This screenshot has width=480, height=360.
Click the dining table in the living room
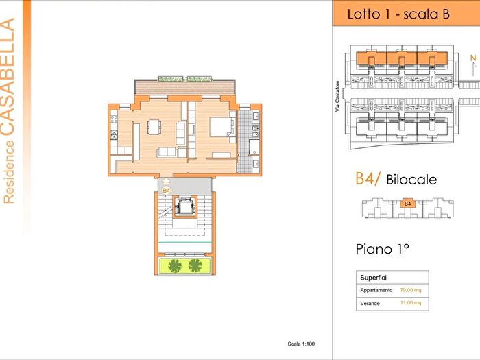pyautogui.click(x=154, y=127)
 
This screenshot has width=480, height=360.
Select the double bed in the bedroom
pyautogui.click(x=220, y=127)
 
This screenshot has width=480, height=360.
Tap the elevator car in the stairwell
pyautogui.click(x=184, y=207)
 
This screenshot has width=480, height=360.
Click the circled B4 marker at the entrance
pyautogui.click(x=166, y=191)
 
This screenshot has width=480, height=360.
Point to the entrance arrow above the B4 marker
pyautogui.click(x=166, y=181)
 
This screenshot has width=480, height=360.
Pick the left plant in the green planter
pyautogui.click(x=174, y=266)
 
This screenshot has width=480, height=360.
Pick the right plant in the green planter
pyautogui.click(x=195, y=265)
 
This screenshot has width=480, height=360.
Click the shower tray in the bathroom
pyautogui.click(x=254, y=147)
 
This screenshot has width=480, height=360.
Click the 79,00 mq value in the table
pyautogui.click(x=411, y=290)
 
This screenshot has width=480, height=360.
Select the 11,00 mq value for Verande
pyautogui.click(x=411, y=303)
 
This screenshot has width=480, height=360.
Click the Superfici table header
pyautogui.click(x=373, y=278)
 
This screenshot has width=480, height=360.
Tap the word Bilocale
pyautogui.click(x=411, y=180)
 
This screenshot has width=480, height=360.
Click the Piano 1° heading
pyautogui.click(x=383, y=249)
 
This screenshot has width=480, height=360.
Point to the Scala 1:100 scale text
pyautogui.click(x=301, y=344)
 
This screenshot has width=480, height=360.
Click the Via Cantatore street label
pyautogui.click(x=337, y=96)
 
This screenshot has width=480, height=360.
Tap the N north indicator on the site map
pyautogui.click(x=474, y=58)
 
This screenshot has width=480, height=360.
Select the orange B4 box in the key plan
pyautogui.click(x=407, y=204)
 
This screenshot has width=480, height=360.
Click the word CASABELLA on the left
pyautogui.click(x=8, y=77)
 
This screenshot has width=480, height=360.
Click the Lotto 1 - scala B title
pyautogui.click(x=398, y=14)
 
